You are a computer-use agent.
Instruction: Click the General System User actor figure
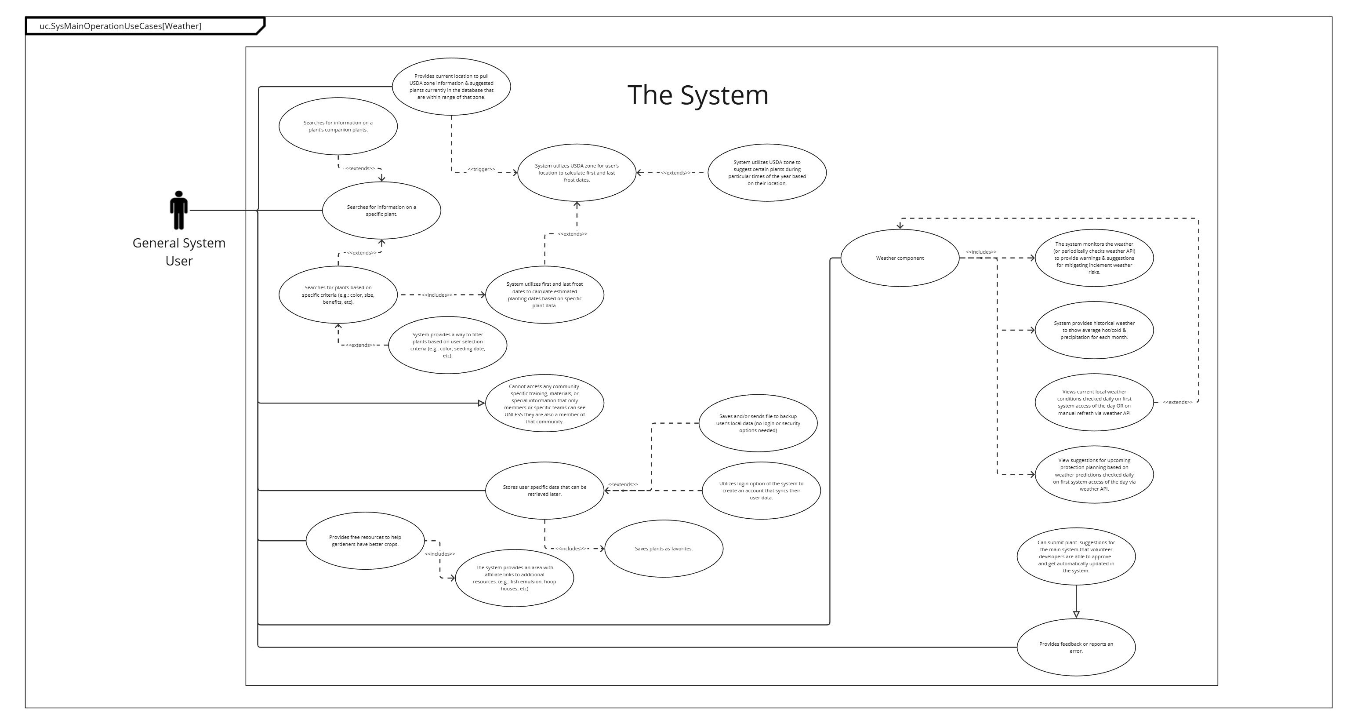coord(179,210)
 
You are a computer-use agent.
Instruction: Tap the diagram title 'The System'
coord(697,95)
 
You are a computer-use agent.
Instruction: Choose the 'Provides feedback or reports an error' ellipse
coord(1076,648)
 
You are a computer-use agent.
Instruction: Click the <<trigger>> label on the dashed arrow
coord(481,169)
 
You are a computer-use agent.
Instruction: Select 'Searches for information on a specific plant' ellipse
coord(381,210)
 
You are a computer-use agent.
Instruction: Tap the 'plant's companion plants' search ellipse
coord(338,126)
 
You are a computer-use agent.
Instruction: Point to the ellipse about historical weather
coord(1094,330)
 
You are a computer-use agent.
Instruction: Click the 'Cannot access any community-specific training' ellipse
coord(544,403)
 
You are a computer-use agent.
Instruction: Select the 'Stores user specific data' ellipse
coord(544,491)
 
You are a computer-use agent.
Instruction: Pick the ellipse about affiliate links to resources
coord(514,578)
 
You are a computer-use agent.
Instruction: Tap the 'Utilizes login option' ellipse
coord(761,491)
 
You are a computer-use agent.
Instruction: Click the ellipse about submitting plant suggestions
coord(1076,556)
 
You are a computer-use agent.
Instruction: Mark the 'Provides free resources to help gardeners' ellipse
coord(365,541)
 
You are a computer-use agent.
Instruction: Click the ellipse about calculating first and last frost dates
coord(577,172)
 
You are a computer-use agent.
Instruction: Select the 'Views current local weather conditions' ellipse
coord(1094,403)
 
